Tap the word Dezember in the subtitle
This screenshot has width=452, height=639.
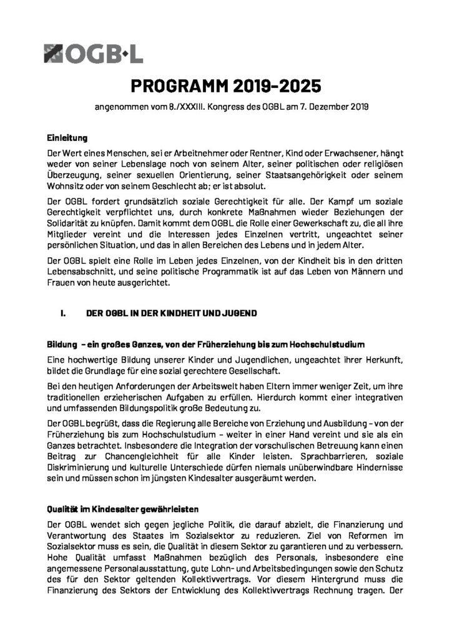click(x=327, y=107)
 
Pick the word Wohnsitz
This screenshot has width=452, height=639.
click(x=67, y=187)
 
